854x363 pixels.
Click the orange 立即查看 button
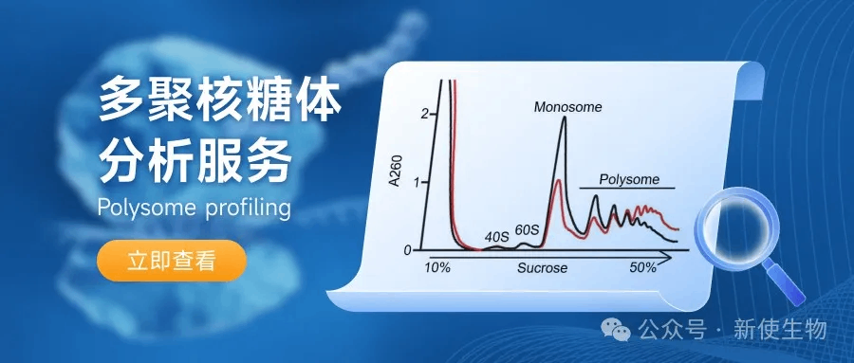tap(172, 261)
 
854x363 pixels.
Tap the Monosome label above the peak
tap(567, 107)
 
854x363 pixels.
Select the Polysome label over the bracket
tap(629, 179)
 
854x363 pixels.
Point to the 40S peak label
tap(496, 237)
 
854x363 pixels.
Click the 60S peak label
tap(527, 230)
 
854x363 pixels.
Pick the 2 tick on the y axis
tap(425, 114)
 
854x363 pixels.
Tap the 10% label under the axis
tap(437, 268)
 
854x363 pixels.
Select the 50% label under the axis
tap(642, 268)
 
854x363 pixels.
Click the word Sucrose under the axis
tap(542, 268)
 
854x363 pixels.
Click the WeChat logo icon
tap(616, 329)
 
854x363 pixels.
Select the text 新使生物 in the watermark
tap(780, 329)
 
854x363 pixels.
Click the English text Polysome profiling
tap(194, 208)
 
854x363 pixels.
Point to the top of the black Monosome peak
tap(564, 117)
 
